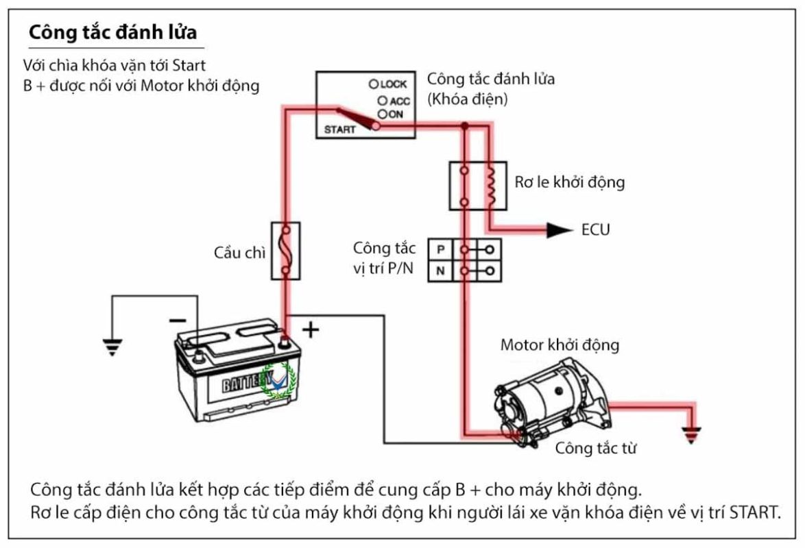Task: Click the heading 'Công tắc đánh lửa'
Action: tap(113, 32)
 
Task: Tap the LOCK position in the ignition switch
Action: tap(388, 84)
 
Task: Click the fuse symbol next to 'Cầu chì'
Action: tap(285, 251)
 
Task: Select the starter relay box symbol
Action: tap(477, 185)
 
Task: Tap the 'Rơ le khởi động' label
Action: tap(569, 183)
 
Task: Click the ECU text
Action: tap(595, 230)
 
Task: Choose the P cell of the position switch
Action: tap(440, 248)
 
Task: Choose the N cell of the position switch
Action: tap(440, 271)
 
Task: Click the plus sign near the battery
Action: tap(311, 330)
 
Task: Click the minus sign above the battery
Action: tap(177, 320)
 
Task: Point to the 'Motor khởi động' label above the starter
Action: tap(560, 344)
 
